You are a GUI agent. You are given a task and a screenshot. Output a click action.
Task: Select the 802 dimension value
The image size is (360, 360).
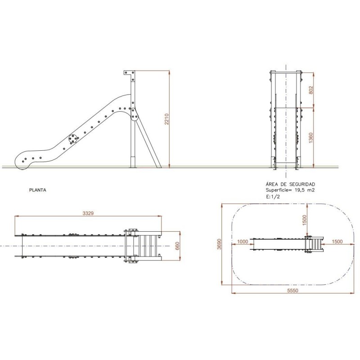(311, 89)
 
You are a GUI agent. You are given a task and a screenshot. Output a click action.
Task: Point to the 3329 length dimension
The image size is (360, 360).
(88, 213)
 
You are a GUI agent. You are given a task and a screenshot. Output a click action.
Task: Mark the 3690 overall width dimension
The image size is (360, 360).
(219, 245)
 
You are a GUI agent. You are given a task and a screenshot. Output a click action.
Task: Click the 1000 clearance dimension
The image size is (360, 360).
(243, 242)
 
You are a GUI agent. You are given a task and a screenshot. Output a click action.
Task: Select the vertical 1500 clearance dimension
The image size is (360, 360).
(305, 220)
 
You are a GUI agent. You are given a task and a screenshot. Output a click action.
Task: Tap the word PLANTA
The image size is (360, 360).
(37, 190)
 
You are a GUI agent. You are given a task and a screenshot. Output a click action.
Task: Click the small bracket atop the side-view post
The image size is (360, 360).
(129, 73)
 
